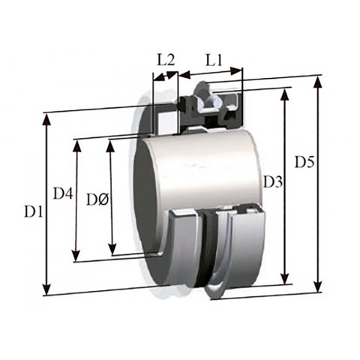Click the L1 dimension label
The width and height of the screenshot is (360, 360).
pyautogui.click(x=214, y=61)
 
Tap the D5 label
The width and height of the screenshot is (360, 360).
pyautogui.click(x=304, y=162)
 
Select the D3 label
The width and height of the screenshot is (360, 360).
pyautogui.click(x=273, y=181)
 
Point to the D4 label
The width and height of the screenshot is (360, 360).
pyautogui.click(x=63, y=193)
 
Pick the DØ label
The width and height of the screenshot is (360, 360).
pyautogui.click(x=97, y=199)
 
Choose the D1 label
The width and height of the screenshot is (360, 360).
pyautogui.click(x=34, y=212)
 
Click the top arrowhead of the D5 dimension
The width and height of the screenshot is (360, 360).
pyautogui.click(x=317, y=82)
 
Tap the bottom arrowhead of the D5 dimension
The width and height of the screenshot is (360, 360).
pyautogui.click(x=317, y=286)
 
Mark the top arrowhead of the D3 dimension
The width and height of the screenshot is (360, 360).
pyautogui.click(x=285, y=95)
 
